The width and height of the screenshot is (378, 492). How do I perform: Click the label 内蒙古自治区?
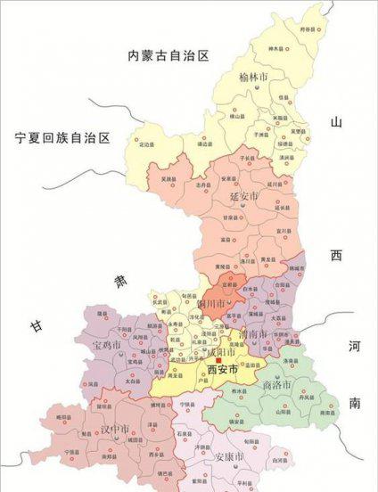tap(168, 56)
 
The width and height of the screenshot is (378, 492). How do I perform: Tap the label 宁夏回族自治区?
tap(62, 138)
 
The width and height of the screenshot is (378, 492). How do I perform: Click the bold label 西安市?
tap(222, 369)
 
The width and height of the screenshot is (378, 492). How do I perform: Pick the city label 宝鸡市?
tap(106, 343)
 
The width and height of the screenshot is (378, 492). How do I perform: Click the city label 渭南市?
tap(253, 334)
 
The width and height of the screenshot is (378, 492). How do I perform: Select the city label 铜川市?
tap(210, 304)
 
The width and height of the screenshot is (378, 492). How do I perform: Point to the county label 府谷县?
tap(308, 29)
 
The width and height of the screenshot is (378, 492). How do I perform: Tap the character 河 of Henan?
tap(353, 347)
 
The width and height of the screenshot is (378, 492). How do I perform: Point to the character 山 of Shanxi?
tap(335, 123)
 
